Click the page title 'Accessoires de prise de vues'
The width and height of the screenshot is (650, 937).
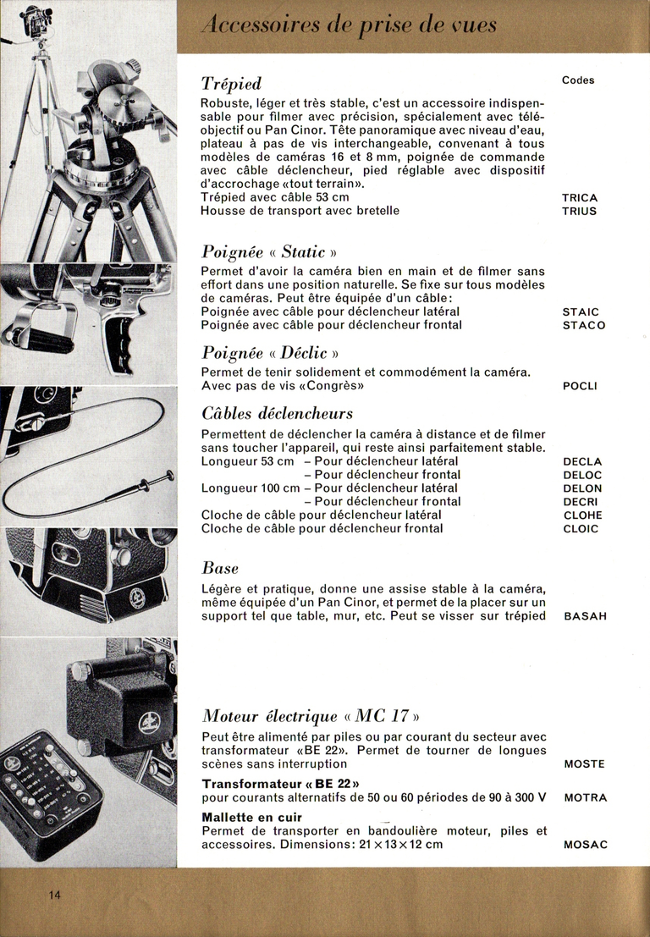[x=349, y=25]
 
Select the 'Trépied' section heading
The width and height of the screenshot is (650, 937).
[x=231, y=83]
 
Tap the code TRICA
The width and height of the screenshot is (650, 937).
[x=579, y=198]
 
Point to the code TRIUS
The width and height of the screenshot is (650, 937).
[x=579, y=211]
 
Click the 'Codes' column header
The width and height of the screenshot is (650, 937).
[x=578, y=80]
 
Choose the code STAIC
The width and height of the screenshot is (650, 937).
[x=581, y=312]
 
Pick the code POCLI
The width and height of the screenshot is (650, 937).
[x=580, y=386]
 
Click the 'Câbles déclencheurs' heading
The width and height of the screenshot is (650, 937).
[x=277, y=414]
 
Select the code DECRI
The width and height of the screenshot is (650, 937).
[x=581, y=502]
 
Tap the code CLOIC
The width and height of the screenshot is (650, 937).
[x=581, y=529]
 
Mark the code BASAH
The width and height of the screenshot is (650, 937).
[x=585, y=616]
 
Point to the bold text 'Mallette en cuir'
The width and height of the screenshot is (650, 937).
[x=251, y=818]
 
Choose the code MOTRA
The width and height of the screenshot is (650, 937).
[x=585, y=797]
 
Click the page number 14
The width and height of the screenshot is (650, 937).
[x=55, y=897]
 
